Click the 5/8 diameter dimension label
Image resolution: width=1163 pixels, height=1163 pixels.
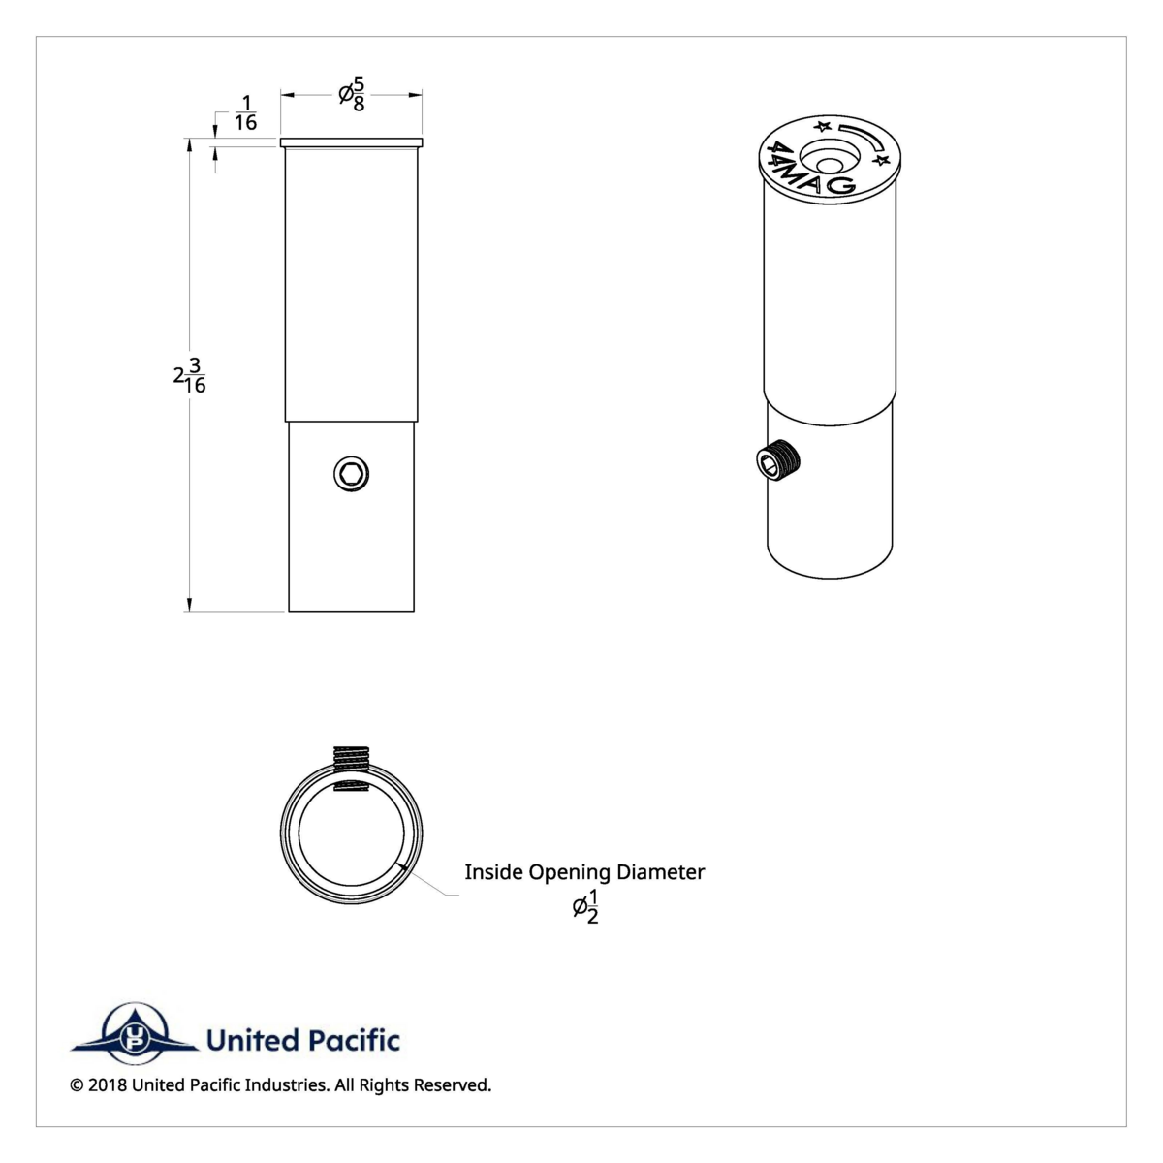pyautogui.click(x=353, y=94)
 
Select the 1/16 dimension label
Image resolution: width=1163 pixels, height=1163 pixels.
pyautogui.click(x=245, y=113)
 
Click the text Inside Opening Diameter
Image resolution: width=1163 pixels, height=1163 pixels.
pyautogui.click(x=584, y=871)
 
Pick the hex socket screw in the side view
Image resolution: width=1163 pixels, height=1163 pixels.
pyautogui.click(x=351, y=474)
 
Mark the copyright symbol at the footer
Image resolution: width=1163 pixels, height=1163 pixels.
pyautogui.click(x=77, y=1084)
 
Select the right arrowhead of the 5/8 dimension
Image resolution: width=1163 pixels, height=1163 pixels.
pyautogui.click(x=416, y=94)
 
